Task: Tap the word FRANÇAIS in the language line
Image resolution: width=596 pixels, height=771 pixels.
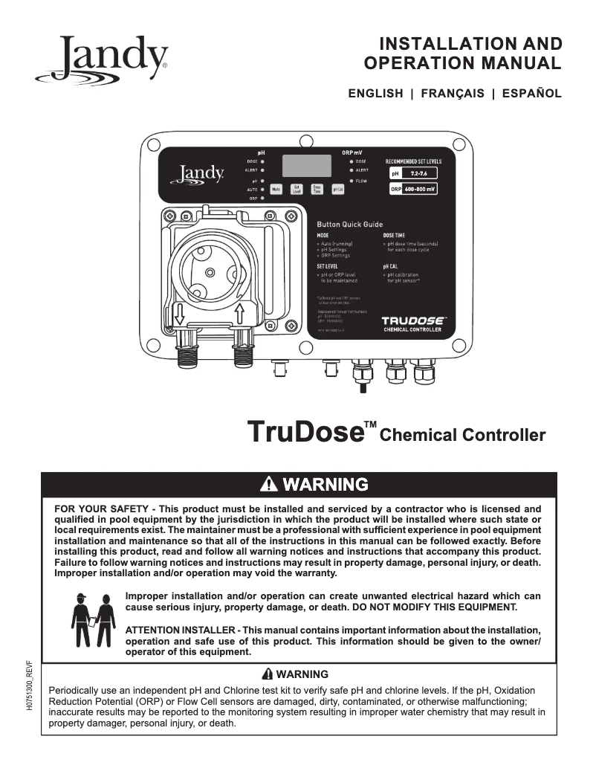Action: (x=453, y=94)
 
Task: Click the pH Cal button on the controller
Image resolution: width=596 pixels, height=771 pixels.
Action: (x=337, y=189)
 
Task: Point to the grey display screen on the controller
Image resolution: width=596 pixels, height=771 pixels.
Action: (x=307, y=165)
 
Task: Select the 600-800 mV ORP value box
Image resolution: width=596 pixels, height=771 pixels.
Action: (x=419, y=190)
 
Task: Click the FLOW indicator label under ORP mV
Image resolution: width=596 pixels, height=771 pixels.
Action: (x=361, y=181)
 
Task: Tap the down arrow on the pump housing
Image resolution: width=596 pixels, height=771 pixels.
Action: (x=179, y=314)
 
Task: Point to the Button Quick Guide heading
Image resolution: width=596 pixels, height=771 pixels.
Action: (x=349, y=224)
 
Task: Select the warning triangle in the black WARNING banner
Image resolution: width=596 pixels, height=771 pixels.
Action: (x=269, y=485)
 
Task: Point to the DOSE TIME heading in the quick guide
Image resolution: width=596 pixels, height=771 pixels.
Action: (x=394, y=235)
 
